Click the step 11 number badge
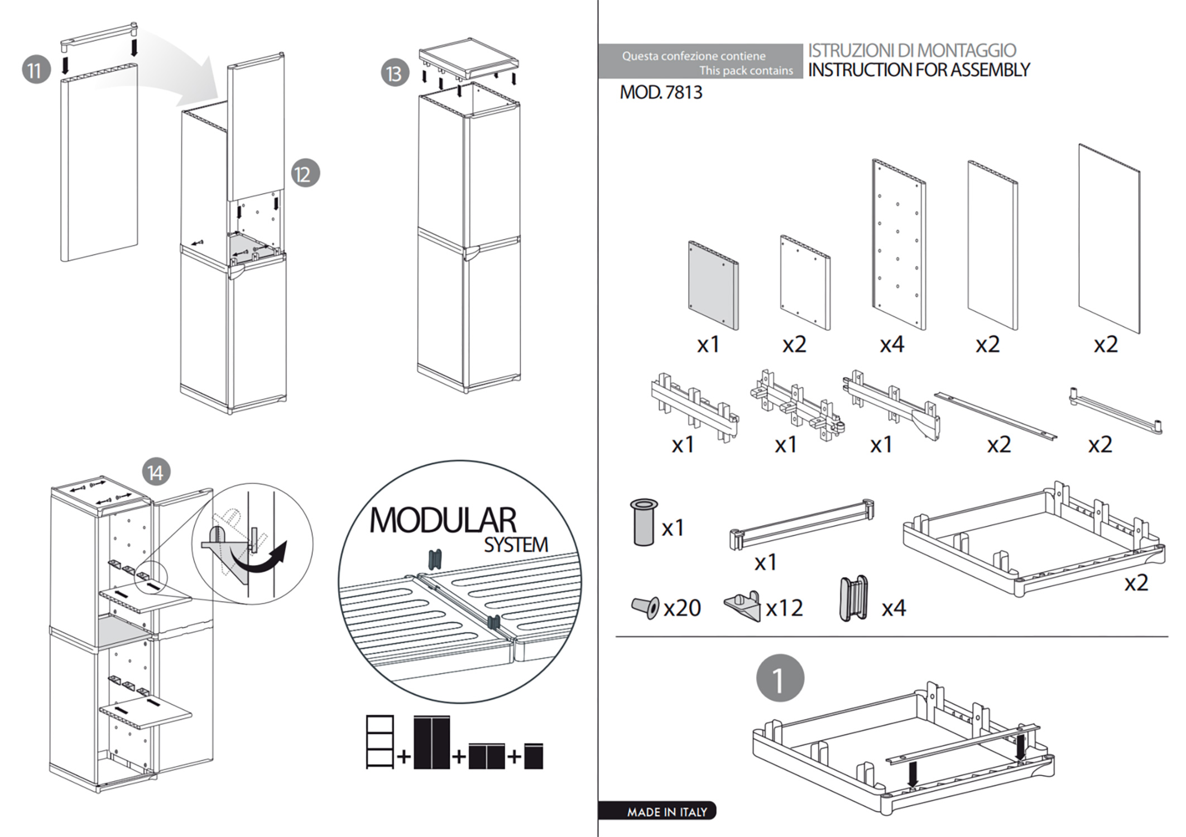coord(36,70)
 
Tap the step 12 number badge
coord(305,174)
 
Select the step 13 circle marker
coord(395,73)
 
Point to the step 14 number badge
coord(156,473)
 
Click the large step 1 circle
coord(780,679)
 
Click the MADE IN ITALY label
coord(666,812)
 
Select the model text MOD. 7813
coord(661,92)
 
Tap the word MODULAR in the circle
coord(443,520)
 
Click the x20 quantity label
coord(682,608)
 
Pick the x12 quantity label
coord(784,608)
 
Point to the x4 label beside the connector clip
coord(894,608)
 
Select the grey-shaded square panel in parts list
coord(713,285)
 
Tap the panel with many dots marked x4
coord(899,244)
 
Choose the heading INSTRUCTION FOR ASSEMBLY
coord(919,70)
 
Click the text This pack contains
coord(746,70)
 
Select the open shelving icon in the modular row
coord(380,742)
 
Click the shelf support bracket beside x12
coord(743,605)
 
